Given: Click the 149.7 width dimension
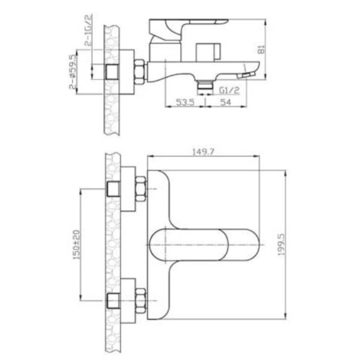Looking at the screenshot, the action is [x=203, y=152].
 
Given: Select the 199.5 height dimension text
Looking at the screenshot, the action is [x=282, y=245].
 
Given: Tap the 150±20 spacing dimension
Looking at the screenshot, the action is [x=77, y=245].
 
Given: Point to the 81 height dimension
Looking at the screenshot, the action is [x=262, y=50].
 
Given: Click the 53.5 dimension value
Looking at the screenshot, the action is [x=186, y=102].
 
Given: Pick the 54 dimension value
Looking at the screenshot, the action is [x=226, y=102].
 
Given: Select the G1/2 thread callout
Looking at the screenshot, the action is [x=229, y=90].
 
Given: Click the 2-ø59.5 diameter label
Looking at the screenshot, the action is [x=73, y=71].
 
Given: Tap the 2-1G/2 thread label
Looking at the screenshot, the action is [x=89, y=30].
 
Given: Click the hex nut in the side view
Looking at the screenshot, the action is [x=140, y=72].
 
